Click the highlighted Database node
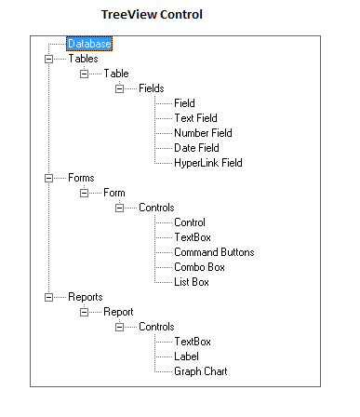click(89, 44)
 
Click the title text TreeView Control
click(152, 14)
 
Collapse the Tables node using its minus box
click(48, 59)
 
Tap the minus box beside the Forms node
click(48, 178)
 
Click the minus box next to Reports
click(48, 297)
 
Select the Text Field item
click(195, 118)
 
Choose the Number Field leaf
click(203, 133)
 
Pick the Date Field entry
click(195, 148)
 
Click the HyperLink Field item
click(207, 163)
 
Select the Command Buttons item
click(214, 252)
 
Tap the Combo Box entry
click(200, 267)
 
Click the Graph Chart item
click(200, 371)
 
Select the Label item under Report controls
click(187, 356)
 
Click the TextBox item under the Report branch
click(193, 342)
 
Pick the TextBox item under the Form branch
click(193, 237)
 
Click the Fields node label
click(152, 88)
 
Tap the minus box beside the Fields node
click(119, 88)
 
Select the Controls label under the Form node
click(156, 208)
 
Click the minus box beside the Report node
click(84, 312)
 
